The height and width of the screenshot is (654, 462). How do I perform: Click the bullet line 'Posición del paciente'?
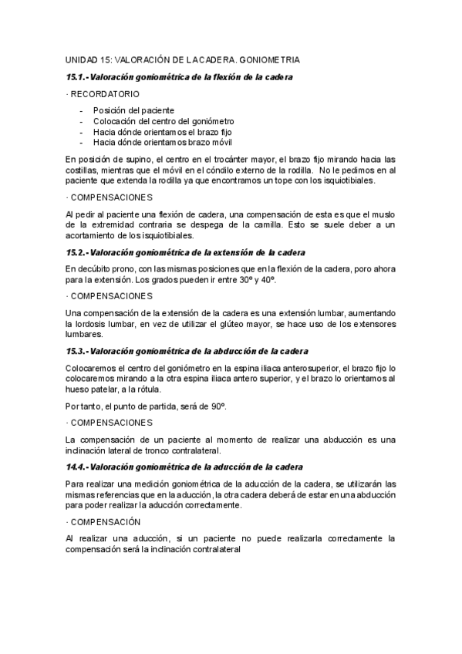[x=133, y=110]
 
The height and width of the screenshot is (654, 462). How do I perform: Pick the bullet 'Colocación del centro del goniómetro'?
[x=164, y=121]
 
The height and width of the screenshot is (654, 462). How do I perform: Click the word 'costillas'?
[x=83, y=170]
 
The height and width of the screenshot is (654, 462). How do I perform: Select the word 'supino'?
[x=132, y=159]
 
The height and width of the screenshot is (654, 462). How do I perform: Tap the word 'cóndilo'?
[x=229, y=170]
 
